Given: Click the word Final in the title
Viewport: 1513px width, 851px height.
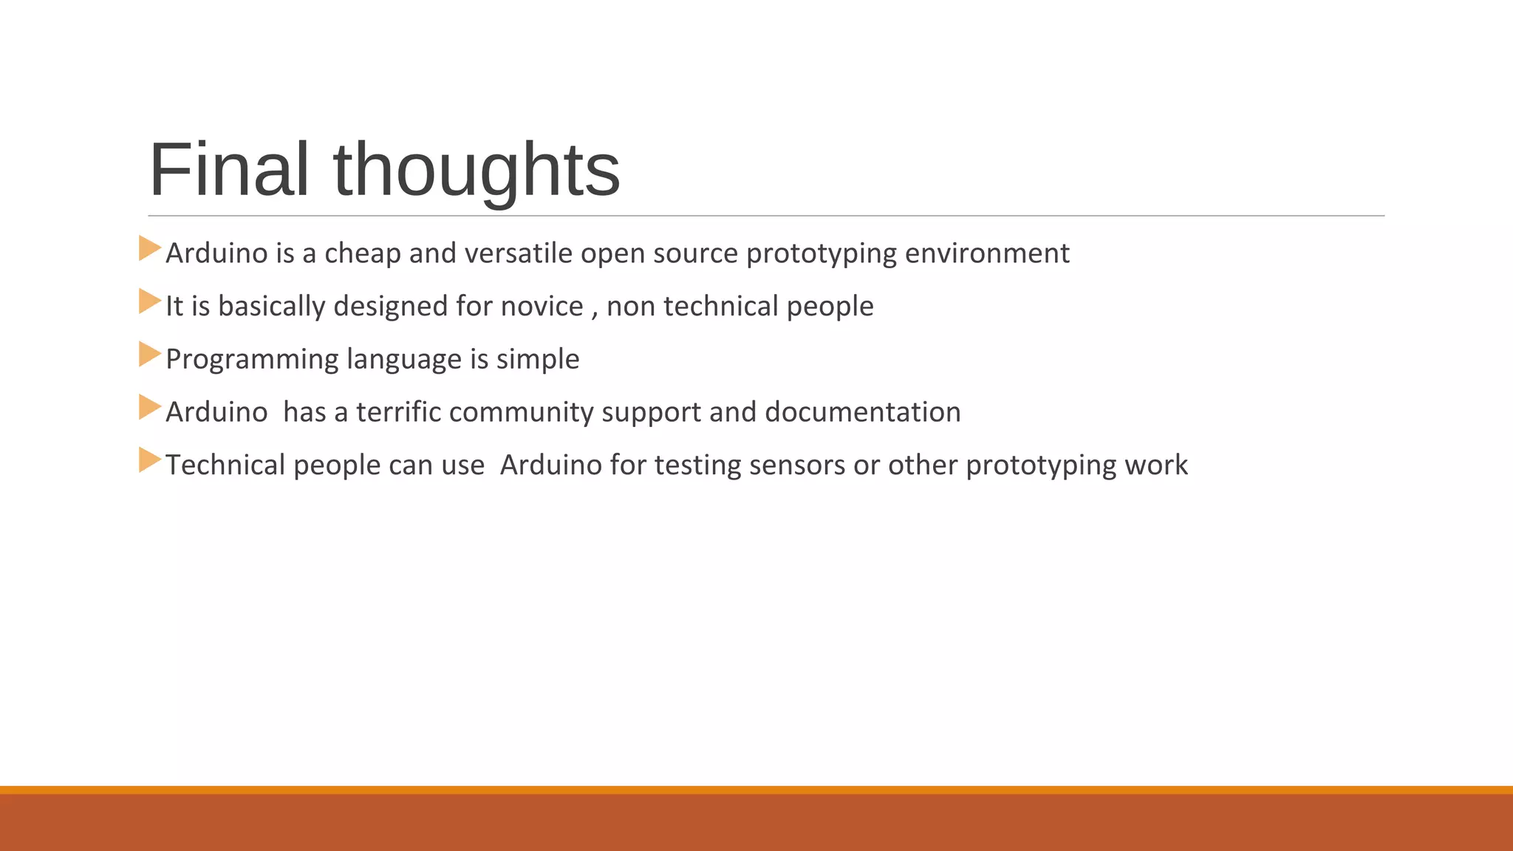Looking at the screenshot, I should click(x=228, y=170).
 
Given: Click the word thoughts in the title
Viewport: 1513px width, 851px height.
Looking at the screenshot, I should click(x=477, y=171).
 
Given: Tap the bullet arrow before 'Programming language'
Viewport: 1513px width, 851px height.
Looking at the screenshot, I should click(x=149, y=355).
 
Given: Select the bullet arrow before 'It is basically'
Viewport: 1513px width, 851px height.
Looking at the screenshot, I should click(x=149, y=301).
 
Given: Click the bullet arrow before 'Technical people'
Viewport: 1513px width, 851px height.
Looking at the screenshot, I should click(x=149, y=460).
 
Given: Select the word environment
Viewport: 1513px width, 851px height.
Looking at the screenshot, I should click(x=987, y=253).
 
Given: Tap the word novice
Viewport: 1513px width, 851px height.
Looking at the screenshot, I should click(x=542, y=307).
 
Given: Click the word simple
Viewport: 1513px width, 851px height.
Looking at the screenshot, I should click(x=537, y=360).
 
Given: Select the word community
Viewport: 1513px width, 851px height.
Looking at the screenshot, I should click(x=521, y=412).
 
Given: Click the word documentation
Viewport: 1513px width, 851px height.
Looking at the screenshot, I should click(x=863, y=412).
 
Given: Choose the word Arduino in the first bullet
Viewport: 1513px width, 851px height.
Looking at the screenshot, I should click(x=216, y=253).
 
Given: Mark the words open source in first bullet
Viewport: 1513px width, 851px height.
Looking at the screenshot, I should click(x=659, y=253).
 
